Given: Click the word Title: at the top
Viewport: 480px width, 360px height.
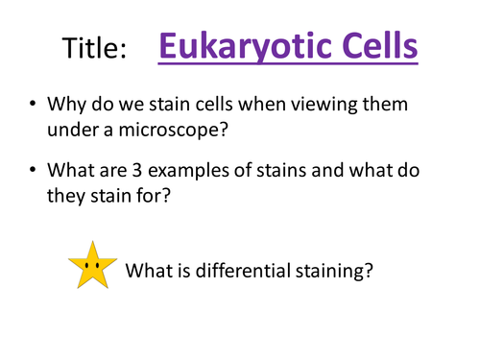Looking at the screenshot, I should click(94, 48).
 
